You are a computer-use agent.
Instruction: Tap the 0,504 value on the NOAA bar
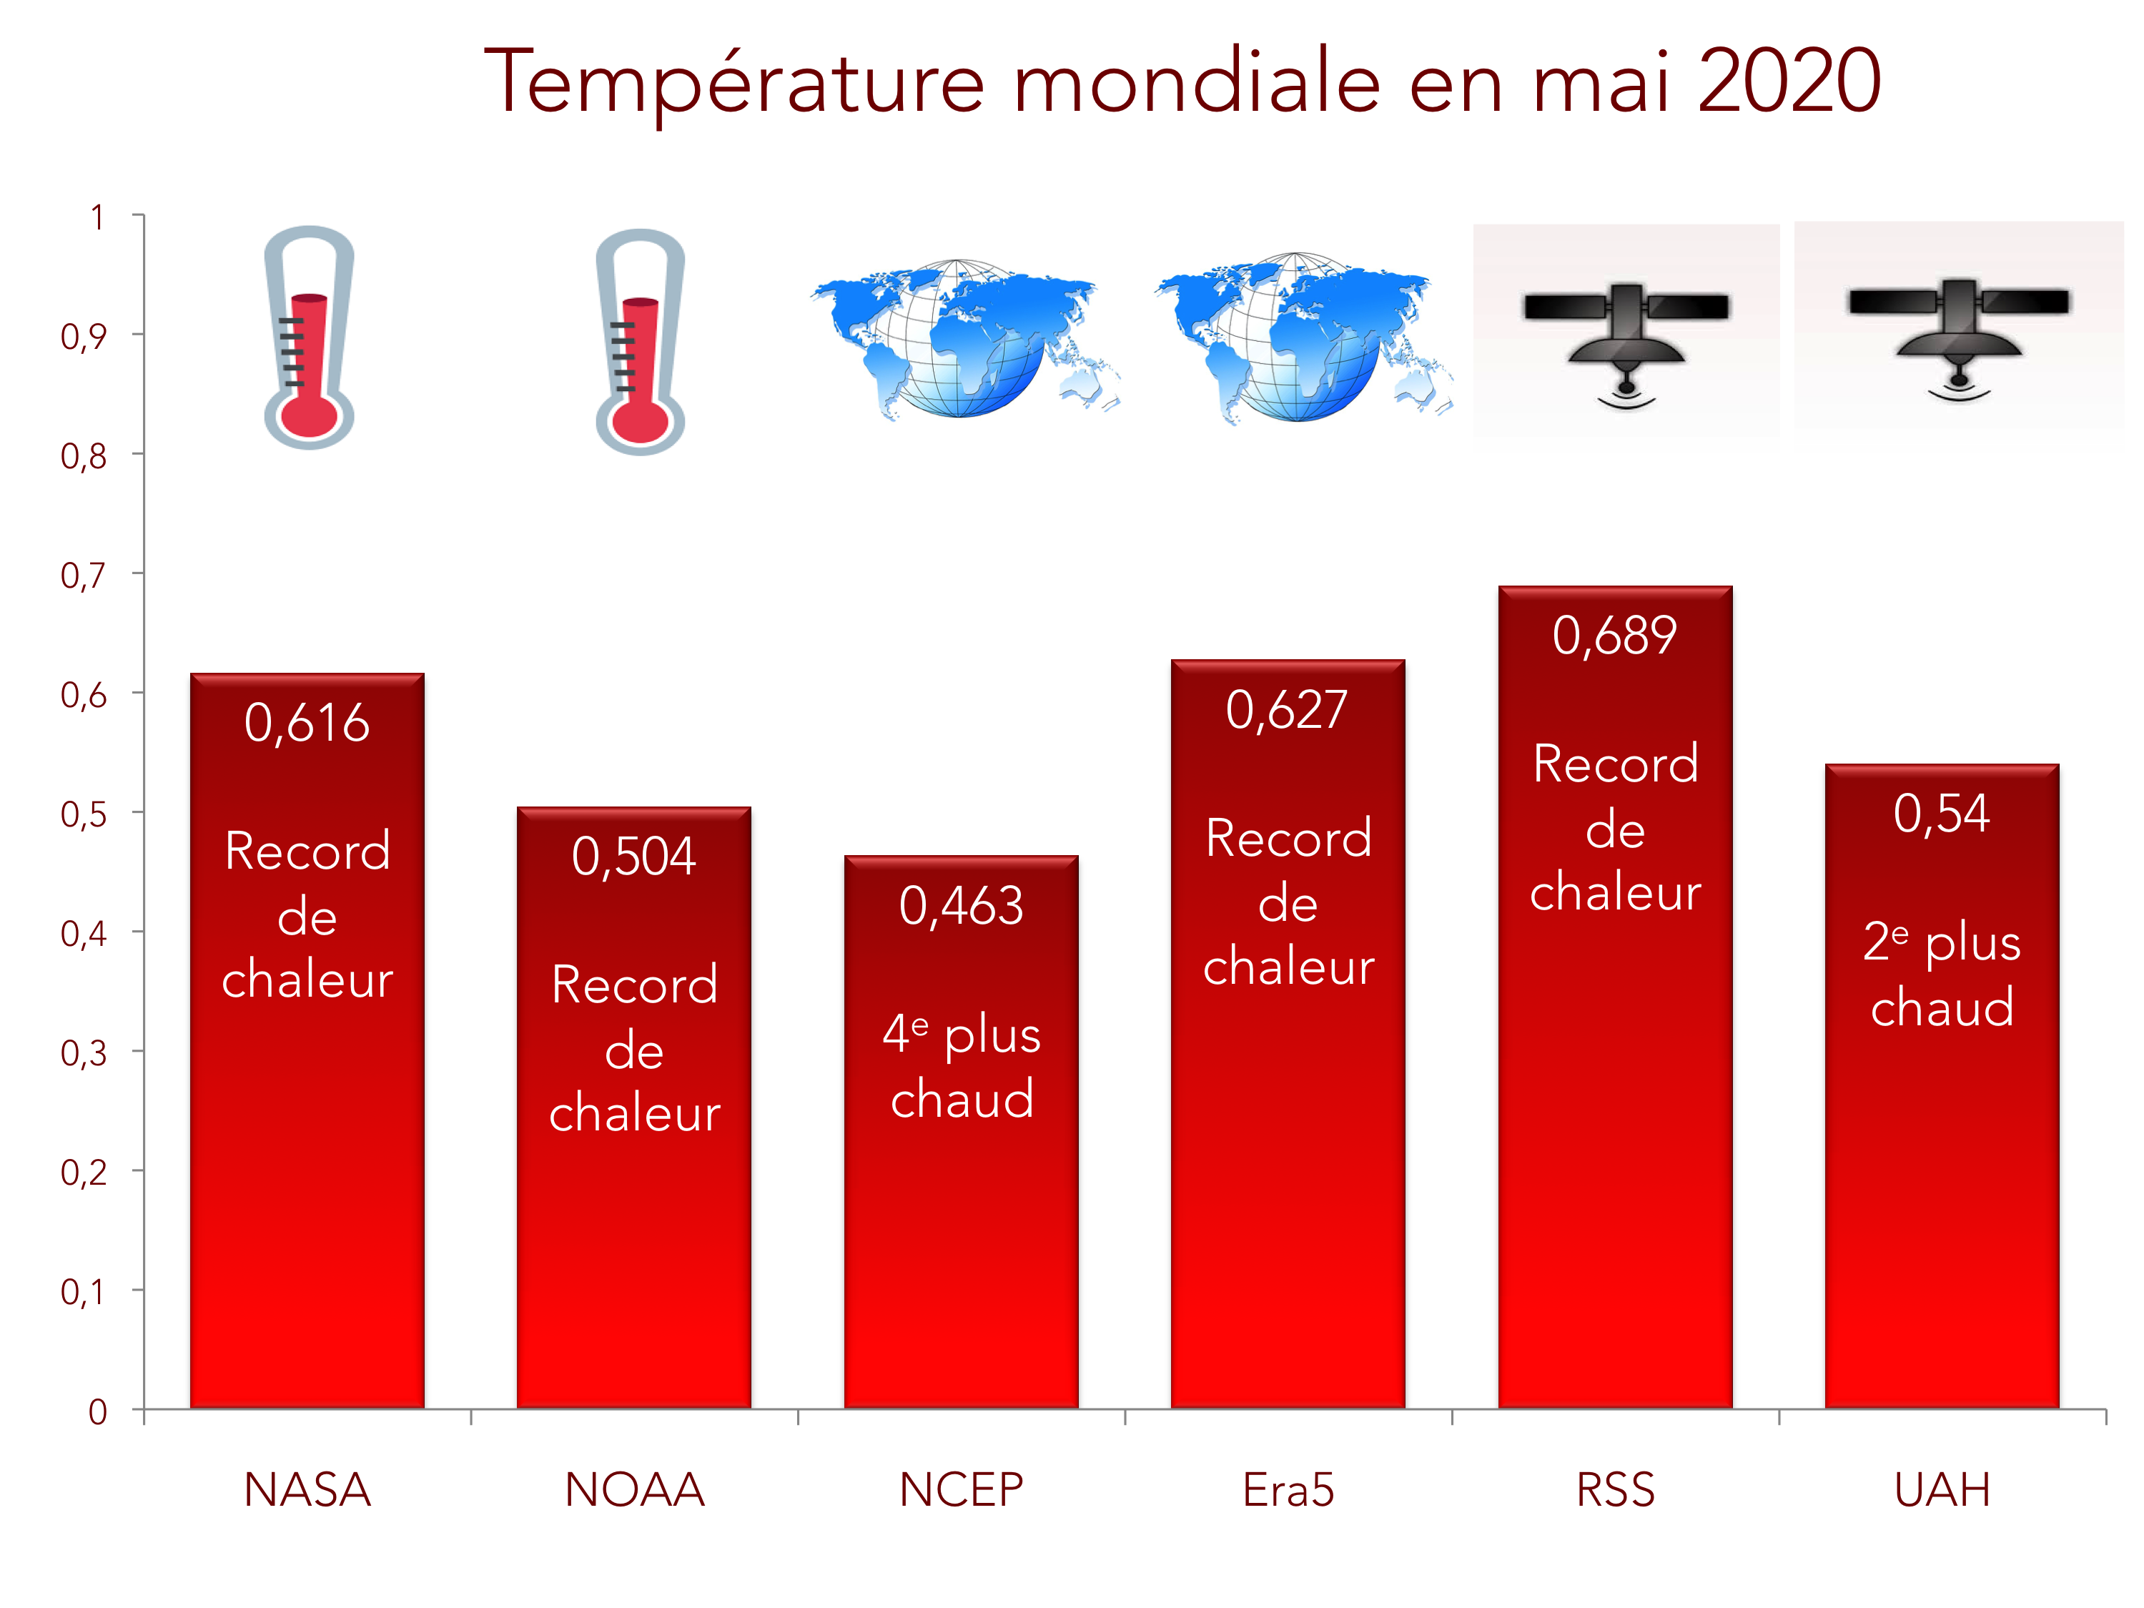tap(634, 857)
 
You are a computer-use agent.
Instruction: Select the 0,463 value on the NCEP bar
tap(961, 907)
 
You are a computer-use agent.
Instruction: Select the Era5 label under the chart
tap(1288, 1490)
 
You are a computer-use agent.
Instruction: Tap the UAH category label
tap(1942, 1490)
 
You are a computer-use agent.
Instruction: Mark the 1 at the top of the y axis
tap(97, 218)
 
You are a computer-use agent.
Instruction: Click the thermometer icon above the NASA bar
tap(308, 337)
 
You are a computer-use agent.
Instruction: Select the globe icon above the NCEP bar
tap(962, 337)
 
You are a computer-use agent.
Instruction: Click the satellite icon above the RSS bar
tap(1626, 335)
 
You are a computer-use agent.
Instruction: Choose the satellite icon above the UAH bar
tap(1958, 330)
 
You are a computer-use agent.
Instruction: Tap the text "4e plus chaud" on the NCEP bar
tap(962, 1066)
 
